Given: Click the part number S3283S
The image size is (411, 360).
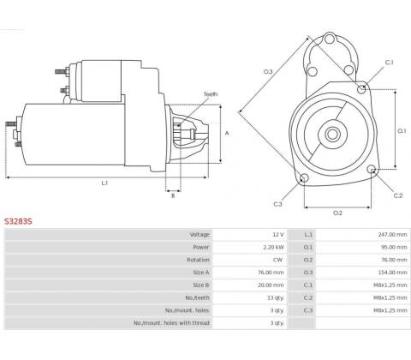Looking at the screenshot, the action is (x=18, y=221).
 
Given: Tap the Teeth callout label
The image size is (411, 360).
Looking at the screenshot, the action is (x=211, y=94).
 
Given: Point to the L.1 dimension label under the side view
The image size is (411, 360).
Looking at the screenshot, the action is (x=104, y=183).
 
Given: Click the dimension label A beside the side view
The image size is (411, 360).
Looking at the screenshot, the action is (x=227, y=133).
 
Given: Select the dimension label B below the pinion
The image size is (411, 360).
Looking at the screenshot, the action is (x=173, y=195).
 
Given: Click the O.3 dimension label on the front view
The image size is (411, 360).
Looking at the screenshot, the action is (x=268, y=72).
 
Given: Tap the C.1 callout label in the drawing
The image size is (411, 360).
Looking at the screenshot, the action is (x=390, y=63).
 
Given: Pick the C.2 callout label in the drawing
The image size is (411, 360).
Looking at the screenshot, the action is (x=398, y=195).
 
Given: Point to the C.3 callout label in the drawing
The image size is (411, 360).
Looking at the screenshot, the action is (x=277, y=204).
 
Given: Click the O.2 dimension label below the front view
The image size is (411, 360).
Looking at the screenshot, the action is (x=337, y=213).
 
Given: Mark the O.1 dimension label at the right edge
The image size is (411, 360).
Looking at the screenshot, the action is (x=402, y=131).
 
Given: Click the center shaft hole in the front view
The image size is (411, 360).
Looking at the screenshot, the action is (x=332, y=134).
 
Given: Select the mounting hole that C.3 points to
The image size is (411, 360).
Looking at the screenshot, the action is (x=304, y=178).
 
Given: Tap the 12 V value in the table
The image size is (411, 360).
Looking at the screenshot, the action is (x=278, y=235).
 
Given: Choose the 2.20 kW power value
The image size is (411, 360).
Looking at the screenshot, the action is (x=274, y=247).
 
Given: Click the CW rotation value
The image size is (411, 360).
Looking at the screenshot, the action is (x=277, y=260).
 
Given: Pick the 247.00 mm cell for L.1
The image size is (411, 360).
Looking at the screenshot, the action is (x=392, y=235).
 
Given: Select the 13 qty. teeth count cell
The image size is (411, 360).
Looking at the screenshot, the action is (x=276, y=297).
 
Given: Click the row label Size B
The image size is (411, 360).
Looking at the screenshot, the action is (x=201, y=285).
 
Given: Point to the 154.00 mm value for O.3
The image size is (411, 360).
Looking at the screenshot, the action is (x=392, y=273).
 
